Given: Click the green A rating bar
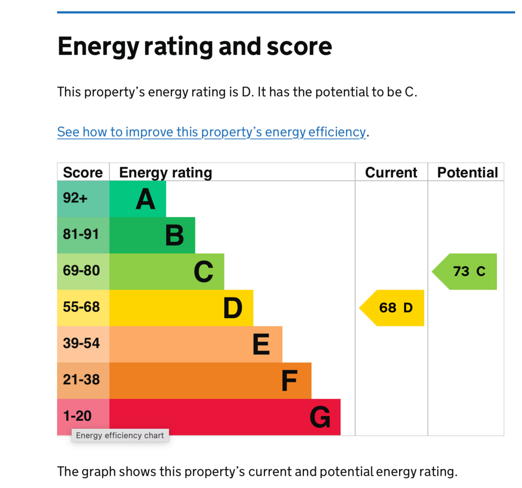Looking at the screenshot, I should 138,199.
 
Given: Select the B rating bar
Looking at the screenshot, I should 152,235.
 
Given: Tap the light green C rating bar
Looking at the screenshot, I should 167,271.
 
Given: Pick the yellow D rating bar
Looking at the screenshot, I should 181,307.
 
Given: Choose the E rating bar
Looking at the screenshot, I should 196,344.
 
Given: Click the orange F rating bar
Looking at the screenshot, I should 210,380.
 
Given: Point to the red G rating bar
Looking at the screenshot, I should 225,417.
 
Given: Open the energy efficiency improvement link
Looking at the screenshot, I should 212,132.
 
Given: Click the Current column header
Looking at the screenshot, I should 391,172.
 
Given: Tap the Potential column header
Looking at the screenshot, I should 467,172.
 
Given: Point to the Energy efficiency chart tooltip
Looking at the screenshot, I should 120,435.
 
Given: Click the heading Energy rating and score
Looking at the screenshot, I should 195,46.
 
